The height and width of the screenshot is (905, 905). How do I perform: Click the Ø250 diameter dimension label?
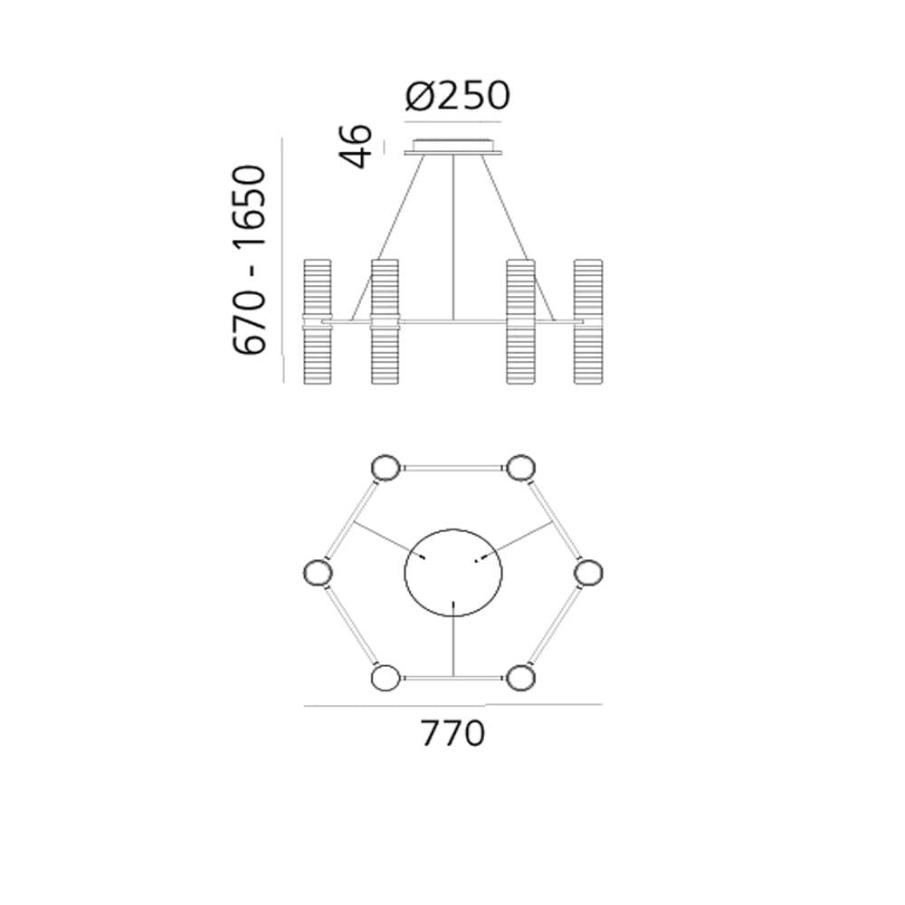458,96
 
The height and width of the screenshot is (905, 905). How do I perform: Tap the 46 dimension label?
356,146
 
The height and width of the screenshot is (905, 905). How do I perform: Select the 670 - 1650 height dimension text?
250,259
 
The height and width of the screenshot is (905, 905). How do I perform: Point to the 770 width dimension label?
453,734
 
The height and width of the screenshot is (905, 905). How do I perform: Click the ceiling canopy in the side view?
453,147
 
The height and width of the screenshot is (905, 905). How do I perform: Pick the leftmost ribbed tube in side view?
318,321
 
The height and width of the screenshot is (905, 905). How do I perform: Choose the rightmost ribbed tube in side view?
588,321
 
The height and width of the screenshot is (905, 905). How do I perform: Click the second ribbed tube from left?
385,321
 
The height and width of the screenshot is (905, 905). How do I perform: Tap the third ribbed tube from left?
520,321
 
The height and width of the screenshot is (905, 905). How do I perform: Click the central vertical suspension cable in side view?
453,237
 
